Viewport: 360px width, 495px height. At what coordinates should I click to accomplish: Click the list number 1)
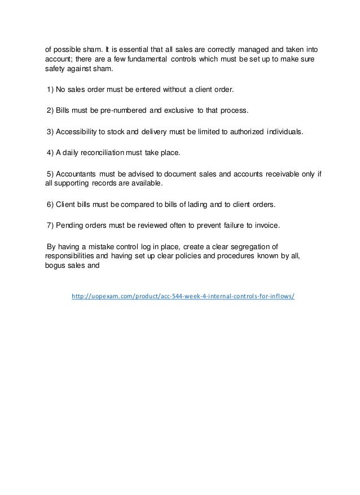coord(50,89)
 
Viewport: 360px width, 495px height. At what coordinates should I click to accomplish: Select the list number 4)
coord(50,152)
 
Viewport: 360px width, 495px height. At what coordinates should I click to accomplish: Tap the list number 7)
coord(50,226)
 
